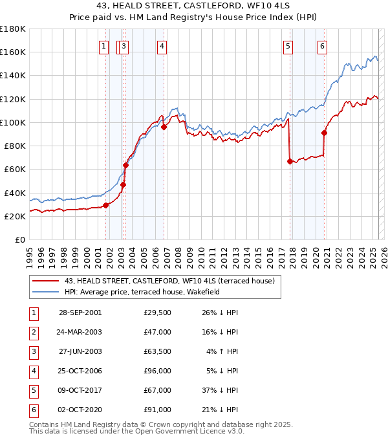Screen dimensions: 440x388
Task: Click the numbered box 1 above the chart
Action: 103,46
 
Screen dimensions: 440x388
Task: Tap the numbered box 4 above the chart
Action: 161,46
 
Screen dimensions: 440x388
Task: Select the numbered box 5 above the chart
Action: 288,46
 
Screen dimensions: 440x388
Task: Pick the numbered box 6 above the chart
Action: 322,46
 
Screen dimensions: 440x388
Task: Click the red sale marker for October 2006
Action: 164,127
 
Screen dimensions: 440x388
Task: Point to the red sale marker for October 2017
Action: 290,161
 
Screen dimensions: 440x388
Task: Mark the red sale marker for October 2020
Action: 324,133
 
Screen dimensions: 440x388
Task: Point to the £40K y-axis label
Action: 14,193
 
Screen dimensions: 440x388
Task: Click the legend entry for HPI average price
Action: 142,292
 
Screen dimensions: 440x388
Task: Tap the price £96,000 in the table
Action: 158,371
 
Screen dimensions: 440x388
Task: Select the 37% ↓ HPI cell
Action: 220,390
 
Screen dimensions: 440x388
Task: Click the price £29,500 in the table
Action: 158,313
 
